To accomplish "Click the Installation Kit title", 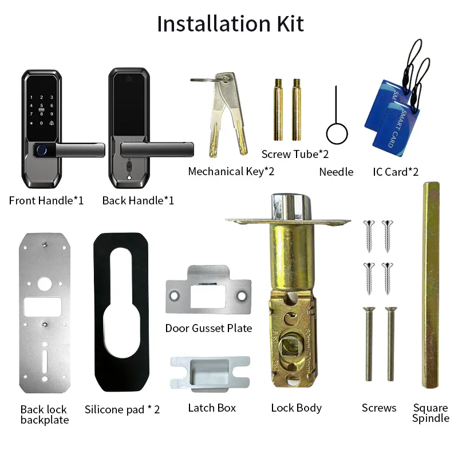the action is (230, 24).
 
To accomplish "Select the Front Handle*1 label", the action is (46, 200).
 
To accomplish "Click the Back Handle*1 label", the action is (138, 200).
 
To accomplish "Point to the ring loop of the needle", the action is (337, 135).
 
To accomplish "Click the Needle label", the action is (336, 172).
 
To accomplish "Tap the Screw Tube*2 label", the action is (295, 154).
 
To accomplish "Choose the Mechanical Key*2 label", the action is (231, 171).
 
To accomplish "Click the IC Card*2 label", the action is (396, 172).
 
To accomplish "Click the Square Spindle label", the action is (431, 413).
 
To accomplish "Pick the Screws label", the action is (379, 408).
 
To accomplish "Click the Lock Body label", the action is (296, 408).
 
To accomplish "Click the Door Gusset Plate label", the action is (208, 328).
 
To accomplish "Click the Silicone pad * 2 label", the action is (122, 409).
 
